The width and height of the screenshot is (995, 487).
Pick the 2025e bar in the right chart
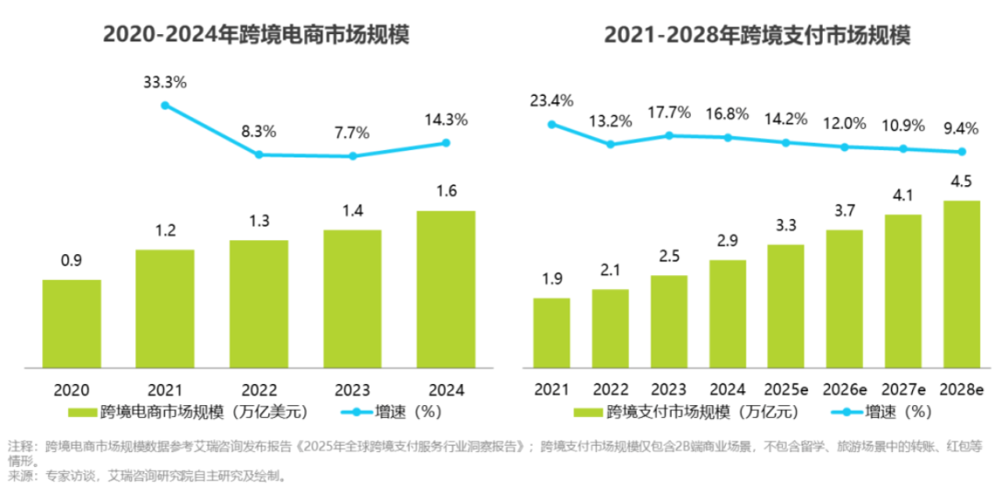[786, 307]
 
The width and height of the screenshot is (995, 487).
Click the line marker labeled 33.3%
[165, 105]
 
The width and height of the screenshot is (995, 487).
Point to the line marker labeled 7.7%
[352, 156]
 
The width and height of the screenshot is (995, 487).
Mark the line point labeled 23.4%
[552, 124]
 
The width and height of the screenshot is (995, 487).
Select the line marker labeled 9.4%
[962, 152]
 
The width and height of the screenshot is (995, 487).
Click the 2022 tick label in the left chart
[259, 389]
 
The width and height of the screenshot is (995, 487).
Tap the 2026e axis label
[844, 389]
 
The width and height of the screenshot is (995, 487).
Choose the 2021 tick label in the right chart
[552, 389]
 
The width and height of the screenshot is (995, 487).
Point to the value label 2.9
[728, 244]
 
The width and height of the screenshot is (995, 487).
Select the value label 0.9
[72, 261]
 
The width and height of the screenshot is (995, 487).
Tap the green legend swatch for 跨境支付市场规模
[591, 412]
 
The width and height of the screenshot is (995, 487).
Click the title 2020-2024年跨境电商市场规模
[256, 36]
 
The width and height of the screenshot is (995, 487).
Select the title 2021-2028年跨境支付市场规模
[757, 36]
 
